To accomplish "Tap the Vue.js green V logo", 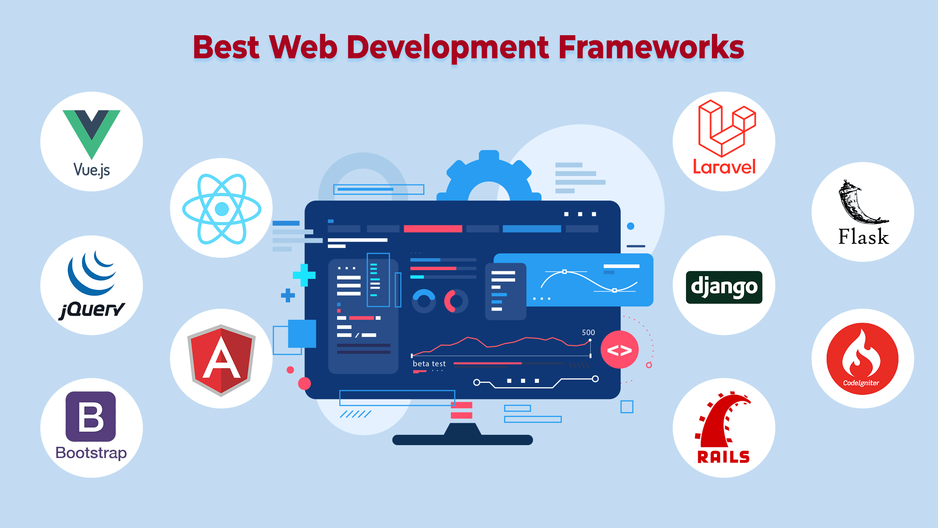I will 91,132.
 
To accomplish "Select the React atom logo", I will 222,209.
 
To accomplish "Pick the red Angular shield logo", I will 221,359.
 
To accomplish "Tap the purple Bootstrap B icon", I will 91,416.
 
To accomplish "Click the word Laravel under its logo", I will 724,167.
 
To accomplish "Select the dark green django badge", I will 724,287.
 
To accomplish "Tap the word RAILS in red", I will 724,457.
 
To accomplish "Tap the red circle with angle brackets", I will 619,350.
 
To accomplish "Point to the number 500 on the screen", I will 588,332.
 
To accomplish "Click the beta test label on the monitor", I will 429,363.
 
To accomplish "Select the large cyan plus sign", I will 304,275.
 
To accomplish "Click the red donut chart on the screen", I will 455,301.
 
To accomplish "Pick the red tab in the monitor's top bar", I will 433,229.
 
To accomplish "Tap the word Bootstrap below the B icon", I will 91,453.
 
